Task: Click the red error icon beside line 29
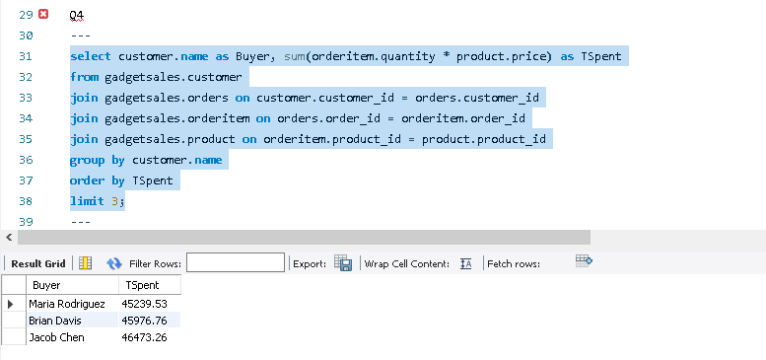42,15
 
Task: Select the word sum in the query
295,56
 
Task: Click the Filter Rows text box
236,263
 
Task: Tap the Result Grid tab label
37,263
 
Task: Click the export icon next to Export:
343,263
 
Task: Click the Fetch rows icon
583,261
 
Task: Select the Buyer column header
46,285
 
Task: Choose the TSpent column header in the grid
137,285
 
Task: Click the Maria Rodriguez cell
67,304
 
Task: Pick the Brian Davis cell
58,321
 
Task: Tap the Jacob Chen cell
56,337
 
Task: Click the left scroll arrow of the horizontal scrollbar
8,238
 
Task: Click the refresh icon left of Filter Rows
113,263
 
